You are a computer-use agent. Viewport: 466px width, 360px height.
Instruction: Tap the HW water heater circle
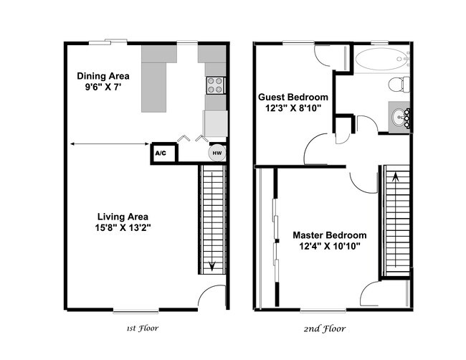(x=214, y=153)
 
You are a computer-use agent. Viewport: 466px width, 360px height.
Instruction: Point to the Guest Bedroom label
(x=294, y=97)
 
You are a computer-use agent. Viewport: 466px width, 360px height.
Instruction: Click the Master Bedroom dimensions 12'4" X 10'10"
(x=329, y=246)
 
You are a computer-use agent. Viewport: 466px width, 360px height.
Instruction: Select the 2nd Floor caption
(x=324, y=328)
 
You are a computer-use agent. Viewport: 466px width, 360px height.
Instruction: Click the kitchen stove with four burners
(x=215, y=86)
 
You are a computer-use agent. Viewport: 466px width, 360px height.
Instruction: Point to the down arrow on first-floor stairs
(x=213, y=265)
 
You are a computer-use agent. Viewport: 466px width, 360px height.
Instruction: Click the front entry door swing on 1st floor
(x=213, y=298)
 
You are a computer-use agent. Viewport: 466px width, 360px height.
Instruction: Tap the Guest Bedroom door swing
(x=317, y=151)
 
